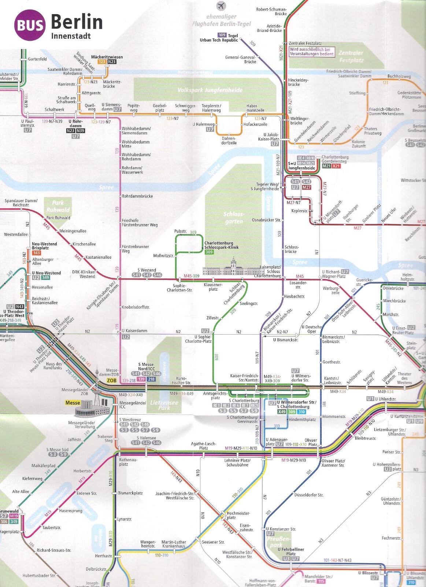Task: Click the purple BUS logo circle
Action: point(30,25)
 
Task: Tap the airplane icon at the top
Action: point(221,6)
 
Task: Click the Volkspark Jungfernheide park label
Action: point(210,90)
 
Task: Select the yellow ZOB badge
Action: point(111,380)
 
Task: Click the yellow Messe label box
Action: point(73,402)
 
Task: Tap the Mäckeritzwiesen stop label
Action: point(107,57)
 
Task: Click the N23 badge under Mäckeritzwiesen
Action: point(112,62)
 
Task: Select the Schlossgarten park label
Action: point(234,218)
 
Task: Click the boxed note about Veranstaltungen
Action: point(312,51)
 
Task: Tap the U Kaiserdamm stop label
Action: point(134,331)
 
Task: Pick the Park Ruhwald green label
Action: point(58,206)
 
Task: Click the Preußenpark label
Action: point(278,542)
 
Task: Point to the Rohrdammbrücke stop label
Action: point(137,196)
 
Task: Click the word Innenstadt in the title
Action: point(71,36)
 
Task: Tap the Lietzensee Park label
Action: point(164,405)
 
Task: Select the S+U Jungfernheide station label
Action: point(301,166)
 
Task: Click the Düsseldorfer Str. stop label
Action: point(309,495)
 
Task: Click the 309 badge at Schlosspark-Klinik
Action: point(209,252)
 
